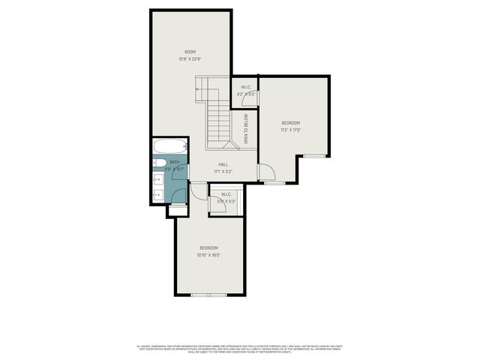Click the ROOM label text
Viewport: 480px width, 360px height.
coord(190,52)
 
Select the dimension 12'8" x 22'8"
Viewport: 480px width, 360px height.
coord(190,58)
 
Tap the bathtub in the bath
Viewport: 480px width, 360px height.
coord(166,146)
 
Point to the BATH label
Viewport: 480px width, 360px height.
coord(174,162)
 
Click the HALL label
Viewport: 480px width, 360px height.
coord(223,164)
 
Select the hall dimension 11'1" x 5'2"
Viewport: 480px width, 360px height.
coord(223,171)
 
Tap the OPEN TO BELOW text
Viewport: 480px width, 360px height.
coord(245,128)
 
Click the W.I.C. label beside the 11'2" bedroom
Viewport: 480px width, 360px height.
coord(246,87)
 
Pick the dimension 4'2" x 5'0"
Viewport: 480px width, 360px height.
coord(246,94)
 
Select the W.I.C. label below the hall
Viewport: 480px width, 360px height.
coord(226,194)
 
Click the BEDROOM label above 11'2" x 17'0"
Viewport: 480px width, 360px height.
coord(290,122)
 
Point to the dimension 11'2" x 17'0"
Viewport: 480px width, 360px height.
coord(290,129)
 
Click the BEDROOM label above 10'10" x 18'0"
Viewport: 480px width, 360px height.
coord(208,247)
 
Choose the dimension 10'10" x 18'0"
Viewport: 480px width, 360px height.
coord(208,254)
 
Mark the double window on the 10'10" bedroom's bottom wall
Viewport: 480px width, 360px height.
coord(208,295)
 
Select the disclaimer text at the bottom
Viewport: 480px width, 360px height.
coord(240,348)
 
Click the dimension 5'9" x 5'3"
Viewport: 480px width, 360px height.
coord(226,201)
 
